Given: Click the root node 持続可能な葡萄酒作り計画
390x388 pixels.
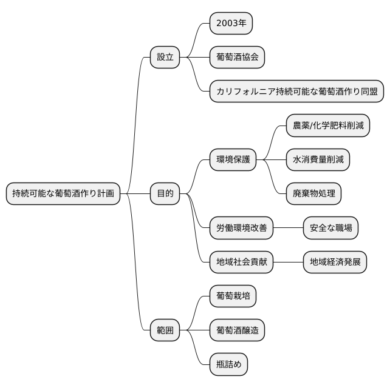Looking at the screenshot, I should (x=63, y=193).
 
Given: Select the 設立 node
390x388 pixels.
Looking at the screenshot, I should (x=165, y=57).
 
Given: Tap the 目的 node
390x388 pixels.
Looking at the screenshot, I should (x=165, y=193).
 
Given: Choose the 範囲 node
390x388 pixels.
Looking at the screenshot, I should (x=165, y=330).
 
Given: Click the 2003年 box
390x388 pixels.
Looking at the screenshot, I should (x=231, y=23).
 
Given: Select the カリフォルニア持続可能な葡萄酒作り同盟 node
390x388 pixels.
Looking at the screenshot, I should (x=296, y=92).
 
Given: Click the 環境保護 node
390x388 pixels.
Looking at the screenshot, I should (x=233, y=159).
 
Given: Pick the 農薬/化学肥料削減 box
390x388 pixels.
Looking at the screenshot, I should (x=328, y=125).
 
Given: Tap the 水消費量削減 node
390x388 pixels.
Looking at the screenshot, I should (x=318, y=159).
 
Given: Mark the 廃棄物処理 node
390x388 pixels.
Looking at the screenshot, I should (x=313, y=193).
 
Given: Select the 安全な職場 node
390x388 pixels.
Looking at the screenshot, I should (x=331, y=228).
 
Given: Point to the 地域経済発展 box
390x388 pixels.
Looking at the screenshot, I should (x=335, y=262).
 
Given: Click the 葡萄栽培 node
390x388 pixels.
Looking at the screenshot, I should (x=233, y=296).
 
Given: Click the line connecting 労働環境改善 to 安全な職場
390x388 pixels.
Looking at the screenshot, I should (x=289, y=228).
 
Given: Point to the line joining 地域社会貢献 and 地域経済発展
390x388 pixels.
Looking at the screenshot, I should (x=289, y=262).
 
